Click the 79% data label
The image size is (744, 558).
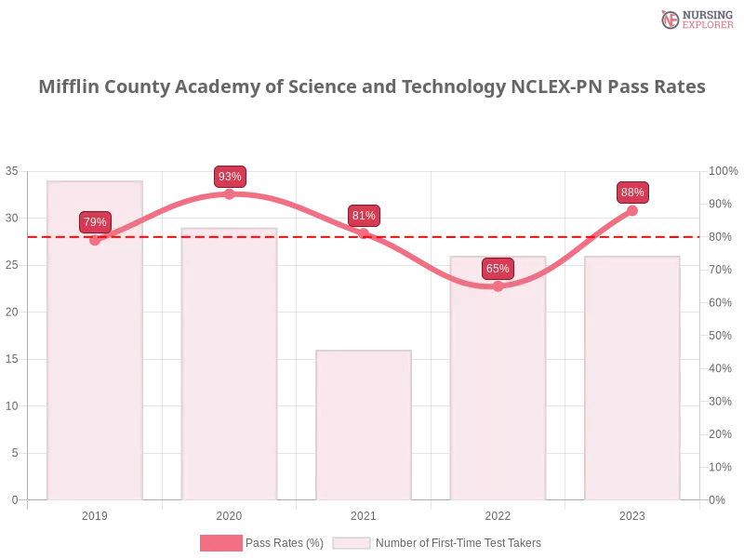pos(95,222)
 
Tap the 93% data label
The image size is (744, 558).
pos(230,177)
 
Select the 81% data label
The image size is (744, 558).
pos(364,216)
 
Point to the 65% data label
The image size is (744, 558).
pos(498,269)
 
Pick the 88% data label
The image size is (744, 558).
pos(632,193)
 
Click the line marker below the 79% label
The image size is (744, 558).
pos(95,240)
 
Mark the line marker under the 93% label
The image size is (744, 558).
pos(230,193)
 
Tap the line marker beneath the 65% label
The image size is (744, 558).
pos(498,286)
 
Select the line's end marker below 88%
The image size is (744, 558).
pos(632,210)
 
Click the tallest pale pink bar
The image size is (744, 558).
pos(97,353)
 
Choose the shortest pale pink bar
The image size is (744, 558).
pos(365,428)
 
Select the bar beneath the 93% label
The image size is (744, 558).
pos(231,372)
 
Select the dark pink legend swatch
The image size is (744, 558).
pos(220,542)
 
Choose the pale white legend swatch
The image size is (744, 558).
pos(352,542)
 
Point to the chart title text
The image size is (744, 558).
pos(372,87)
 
